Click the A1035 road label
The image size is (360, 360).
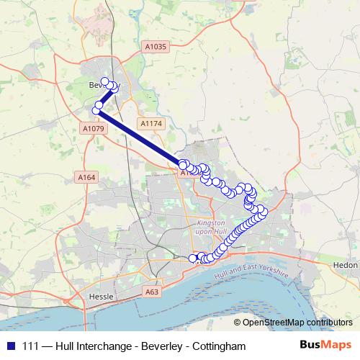(x=155, y=47)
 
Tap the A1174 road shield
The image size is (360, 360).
(x=152, y=124)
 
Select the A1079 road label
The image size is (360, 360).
(x=94, y=129)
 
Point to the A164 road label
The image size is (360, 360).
(x=86, y=177)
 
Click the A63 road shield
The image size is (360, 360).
(x=151, y=292)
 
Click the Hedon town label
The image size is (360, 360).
(x=346, y=265)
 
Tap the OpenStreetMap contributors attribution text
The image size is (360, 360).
(x=297, y=323)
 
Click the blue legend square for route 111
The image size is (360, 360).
(x=10, y=346)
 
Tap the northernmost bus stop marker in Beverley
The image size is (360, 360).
(x=104, y=81)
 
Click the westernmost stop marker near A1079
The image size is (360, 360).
(x=96, y=111)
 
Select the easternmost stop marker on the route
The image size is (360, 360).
(x=264, y=211)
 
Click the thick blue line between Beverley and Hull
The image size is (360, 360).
(x=140, y=138)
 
